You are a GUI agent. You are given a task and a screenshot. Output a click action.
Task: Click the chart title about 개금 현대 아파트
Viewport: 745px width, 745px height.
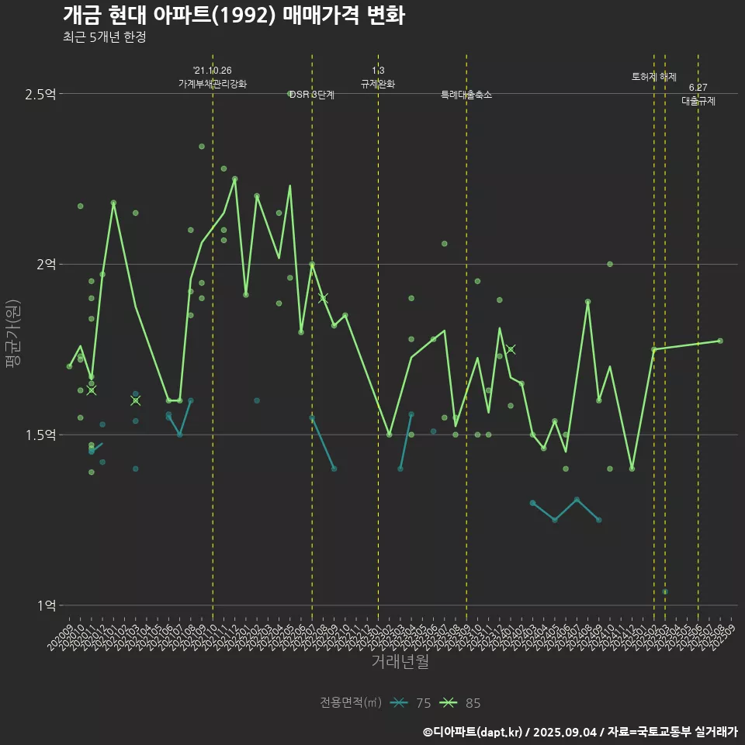tap(233, 16)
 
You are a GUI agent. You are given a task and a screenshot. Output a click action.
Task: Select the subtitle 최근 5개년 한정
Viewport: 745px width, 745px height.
tap(104, 36)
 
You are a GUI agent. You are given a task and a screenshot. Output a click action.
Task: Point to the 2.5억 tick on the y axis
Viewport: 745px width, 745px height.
tap(40, 94)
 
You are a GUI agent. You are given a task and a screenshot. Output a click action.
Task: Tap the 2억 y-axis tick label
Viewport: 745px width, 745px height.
tap(46, 265)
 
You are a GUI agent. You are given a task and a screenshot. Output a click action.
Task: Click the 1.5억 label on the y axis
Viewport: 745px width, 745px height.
tap(40, 435)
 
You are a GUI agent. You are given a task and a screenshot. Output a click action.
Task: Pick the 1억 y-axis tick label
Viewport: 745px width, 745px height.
tap(46, 605)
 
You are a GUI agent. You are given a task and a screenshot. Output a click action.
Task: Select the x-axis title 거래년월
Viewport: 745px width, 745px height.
tap(400, 662)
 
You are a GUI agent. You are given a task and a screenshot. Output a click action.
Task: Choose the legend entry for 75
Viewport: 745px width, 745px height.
tap(411, 703)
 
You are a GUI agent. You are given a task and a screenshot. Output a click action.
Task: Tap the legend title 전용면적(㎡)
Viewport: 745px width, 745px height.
tap(351, 703)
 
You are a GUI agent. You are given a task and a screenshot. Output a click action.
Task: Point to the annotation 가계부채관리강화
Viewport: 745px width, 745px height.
tap(213, 84)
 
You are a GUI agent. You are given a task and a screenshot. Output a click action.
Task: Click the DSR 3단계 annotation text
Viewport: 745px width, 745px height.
tap(312, 95)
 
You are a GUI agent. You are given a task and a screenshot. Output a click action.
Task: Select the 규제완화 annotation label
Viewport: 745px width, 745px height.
tap(378, 84)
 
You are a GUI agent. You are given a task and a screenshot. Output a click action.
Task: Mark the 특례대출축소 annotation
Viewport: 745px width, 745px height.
tap(466, 95)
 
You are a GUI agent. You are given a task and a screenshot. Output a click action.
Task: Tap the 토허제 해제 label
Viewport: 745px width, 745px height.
tap(654, 77)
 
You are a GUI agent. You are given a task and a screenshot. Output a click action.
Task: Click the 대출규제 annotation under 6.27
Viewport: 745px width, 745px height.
tap(698, 101)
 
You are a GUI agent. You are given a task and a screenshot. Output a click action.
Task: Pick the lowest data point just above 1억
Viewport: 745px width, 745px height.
tap(665, 592)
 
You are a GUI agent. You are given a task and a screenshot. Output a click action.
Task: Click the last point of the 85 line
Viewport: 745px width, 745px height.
tap(720, 341)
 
